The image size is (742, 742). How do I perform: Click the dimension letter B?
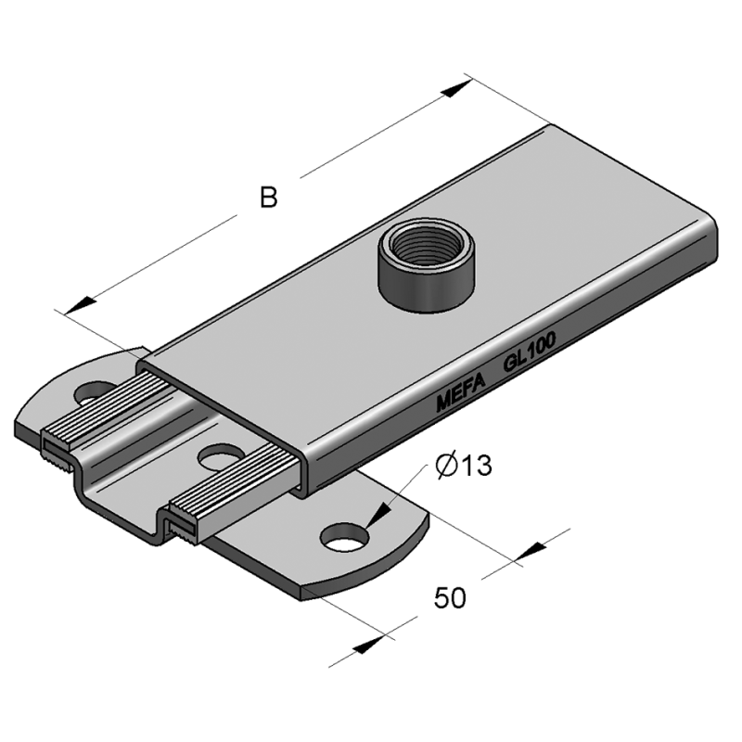[x=269, y=198]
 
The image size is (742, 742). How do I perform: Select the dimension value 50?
[x=450, y=598]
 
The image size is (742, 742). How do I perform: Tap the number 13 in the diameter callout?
[x=475, y=466]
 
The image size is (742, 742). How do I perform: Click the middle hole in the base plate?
[x=220, y=456]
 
